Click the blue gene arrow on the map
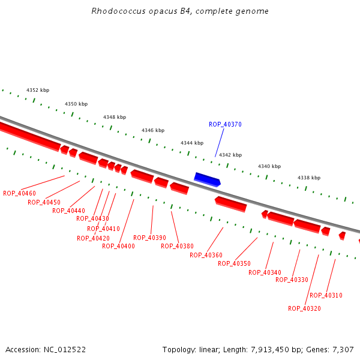208,179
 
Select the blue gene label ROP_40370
225,125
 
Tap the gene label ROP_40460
19,193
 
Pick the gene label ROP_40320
304,308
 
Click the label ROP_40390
149,238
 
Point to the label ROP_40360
206,255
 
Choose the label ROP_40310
326,295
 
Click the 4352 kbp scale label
37,91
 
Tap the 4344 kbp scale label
192,143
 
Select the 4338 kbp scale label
309,178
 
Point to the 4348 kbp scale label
115,118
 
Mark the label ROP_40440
68,211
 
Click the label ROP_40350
234,263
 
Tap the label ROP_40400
118,246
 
